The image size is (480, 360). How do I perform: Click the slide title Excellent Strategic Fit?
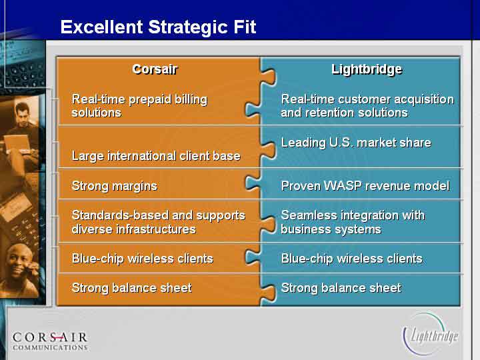158,27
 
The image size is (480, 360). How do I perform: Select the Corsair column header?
155,69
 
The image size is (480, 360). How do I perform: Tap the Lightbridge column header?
367,69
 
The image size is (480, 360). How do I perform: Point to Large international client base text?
156,156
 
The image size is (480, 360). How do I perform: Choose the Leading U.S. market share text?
356,143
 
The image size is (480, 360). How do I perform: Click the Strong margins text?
115,186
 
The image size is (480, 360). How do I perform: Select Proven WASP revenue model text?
365,186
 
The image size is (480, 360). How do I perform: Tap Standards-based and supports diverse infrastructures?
158,222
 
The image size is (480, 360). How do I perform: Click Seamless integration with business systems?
353,222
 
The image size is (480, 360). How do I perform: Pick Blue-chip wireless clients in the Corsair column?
143,259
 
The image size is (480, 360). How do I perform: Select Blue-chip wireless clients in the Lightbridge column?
352,259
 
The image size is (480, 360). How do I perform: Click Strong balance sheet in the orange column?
131,288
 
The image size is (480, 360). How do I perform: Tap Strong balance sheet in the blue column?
341,288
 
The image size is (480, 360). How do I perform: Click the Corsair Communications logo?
50,341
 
